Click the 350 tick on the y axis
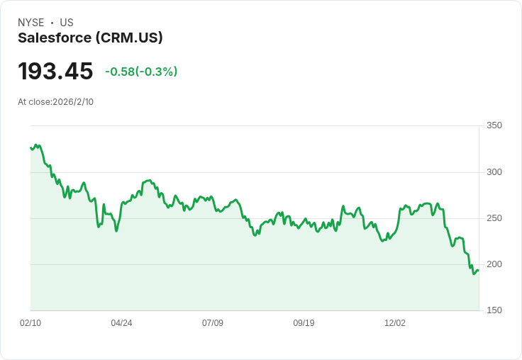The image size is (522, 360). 494,125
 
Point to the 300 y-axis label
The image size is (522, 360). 494,172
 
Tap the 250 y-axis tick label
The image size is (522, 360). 494,218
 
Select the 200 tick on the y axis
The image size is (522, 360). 494,264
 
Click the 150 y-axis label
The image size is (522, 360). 494,310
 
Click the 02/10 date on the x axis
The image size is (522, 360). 30,323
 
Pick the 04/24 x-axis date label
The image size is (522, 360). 121,323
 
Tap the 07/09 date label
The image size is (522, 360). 213,323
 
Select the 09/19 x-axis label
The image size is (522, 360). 304,323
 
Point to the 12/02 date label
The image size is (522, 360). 395,323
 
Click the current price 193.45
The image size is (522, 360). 55,72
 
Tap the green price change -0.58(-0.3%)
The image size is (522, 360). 141,72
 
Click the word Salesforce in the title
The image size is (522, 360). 55,38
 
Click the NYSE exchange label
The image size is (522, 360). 31,23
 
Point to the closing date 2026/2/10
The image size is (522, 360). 73,102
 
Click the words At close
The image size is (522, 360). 34,102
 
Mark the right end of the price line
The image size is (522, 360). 478,270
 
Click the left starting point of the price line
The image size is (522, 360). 30,147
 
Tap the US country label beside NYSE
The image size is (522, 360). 67,23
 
